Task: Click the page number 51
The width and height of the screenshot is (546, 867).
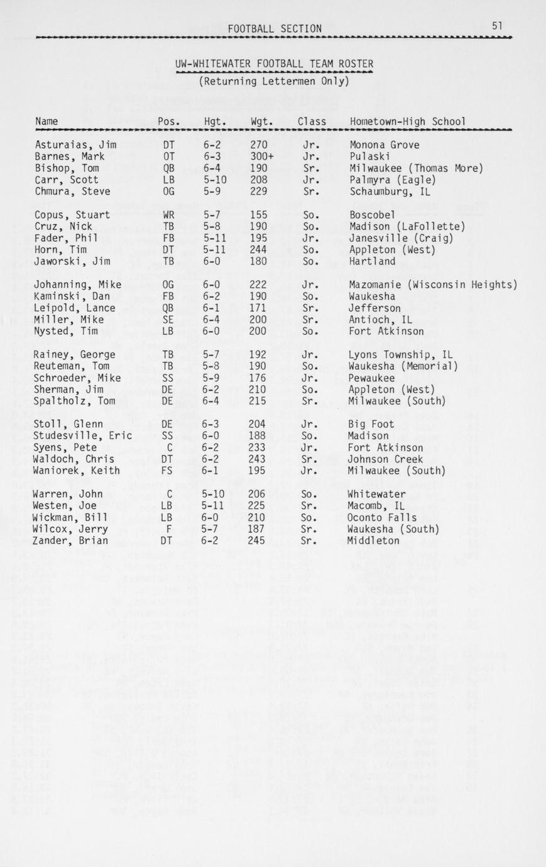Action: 497,26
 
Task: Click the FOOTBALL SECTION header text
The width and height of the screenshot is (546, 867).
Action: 275,28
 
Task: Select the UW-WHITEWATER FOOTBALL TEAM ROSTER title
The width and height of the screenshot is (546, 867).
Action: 274,63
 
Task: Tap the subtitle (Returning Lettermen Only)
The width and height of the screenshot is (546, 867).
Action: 273,81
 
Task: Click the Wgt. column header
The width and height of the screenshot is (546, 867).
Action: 261,121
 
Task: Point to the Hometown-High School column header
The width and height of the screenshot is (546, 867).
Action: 408,121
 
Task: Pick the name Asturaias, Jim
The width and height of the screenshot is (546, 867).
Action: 75,144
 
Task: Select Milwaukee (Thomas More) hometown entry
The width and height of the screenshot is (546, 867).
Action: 416,168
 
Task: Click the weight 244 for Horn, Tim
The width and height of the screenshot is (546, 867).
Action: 258,249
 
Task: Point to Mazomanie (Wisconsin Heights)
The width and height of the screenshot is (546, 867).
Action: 432,285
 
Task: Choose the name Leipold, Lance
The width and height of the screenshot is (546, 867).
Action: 74,308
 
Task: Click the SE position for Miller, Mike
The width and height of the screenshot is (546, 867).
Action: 168,320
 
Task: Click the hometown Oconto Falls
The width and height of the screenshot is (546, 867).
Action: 381,518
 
